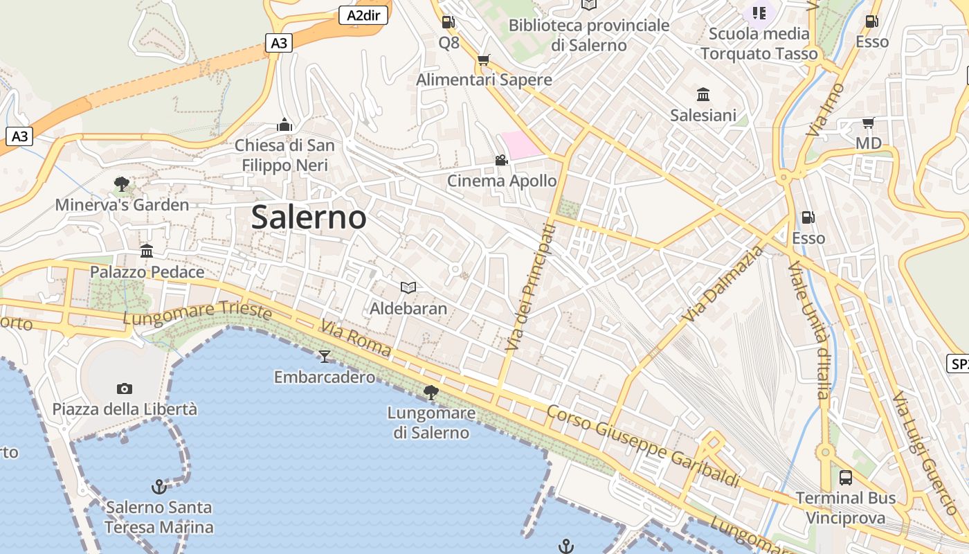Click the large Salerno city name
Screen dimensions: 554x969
(309, 217)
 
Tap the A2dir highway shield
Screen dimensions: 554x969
(363, 15)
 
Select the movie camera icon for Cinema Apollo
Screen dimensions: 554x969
(501, 161)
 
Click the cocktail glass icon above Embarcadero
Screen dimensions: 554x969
(324, 357)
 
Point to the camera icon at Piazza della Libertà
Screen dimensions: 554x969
(125, 388)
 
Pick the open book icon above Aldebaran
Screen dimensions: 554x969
(408, 287)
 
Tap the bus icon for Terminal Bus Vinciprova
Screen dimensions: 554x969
(846, 477)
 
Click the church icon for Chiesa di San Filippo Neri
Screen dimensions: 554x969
(284, 125)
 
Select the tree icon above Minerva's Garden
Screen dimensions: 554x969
(122, 184)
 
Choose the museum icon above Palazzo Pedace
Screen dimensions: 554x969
(147, 251)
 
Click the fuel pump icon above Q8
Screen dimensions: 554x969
(449, 22)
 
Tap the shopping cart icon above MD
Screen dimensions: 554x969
(868, 123)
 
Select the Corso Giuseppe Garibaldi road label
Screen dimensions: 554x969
(643, 447)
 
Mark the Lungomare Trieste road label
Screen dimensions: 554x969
(197, 312)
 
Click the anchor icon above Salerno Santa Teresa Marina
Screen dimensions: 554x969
(159, 487)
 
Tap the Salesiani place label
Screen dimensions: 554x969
(703, 115)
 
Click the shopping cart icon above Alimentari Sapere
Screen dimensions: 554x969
(484, 60)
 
